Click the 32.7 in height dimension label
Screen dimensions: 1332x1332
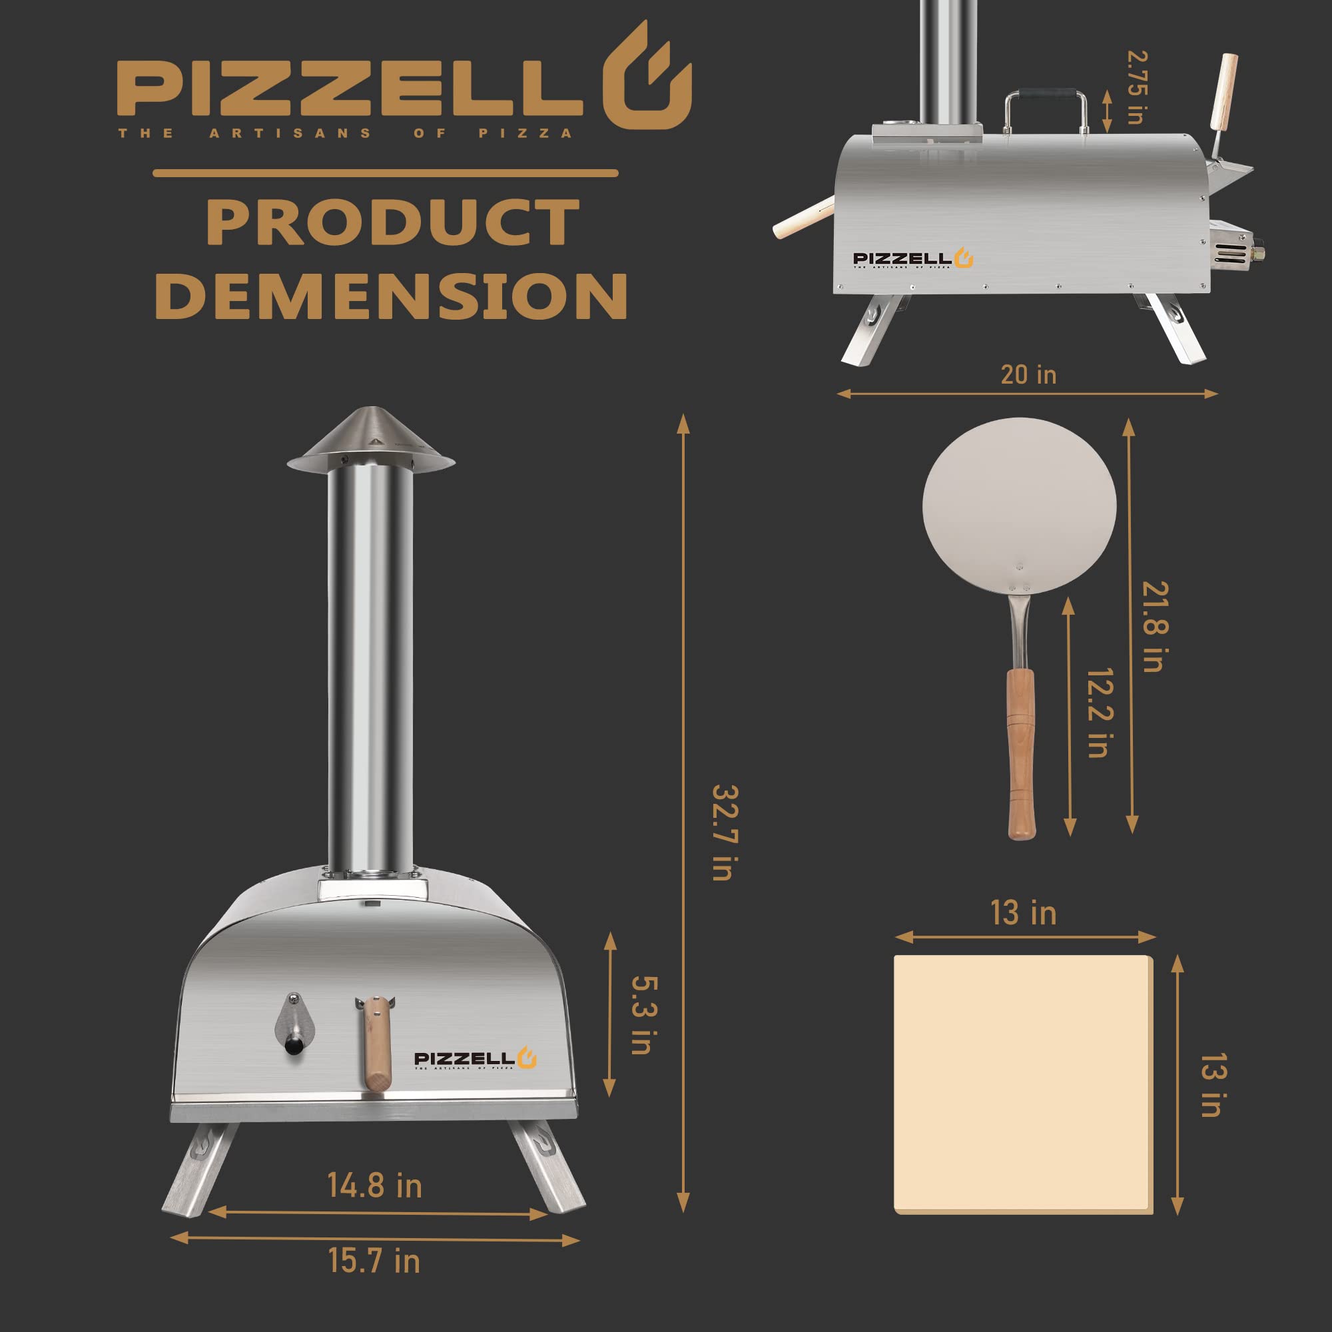point(725,832)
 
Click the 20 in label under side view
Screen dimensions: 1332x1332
point(1028,375)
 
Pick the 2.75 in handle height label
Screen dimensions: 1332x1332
point(1136,87)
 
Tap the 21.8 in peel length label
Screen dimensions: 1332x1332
point(1156,627)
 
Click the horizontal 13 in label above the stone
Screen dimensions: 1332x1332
point(1023,914)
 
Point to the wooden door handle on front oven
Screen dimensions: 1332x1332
point(376,1043)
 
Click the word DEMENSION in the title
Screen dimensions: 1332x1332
point(390,296)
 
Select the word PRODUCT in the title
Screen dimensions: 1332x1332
point(392,222)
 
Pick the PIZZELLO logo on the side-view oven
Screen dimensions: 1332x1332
point(912,259)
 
